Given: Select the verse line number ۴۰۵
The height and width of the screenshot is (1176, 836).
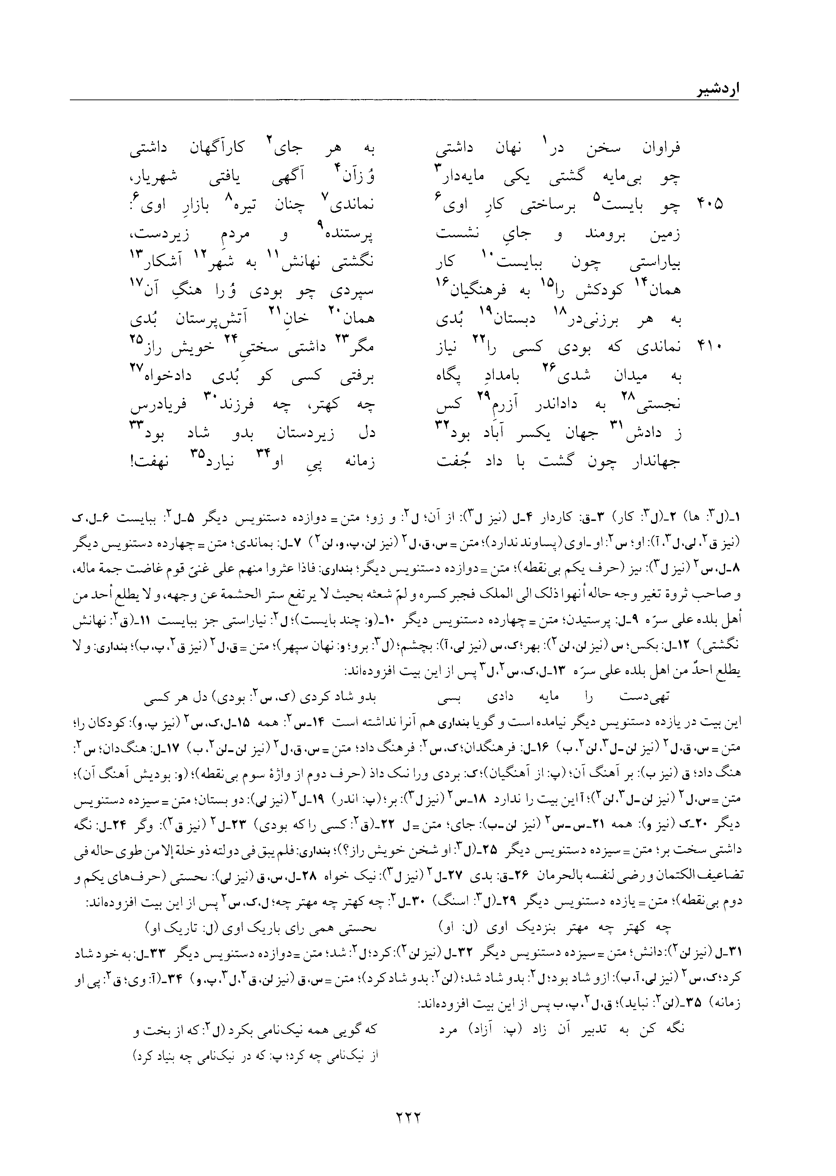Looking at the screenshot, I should tap(710, 204).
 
